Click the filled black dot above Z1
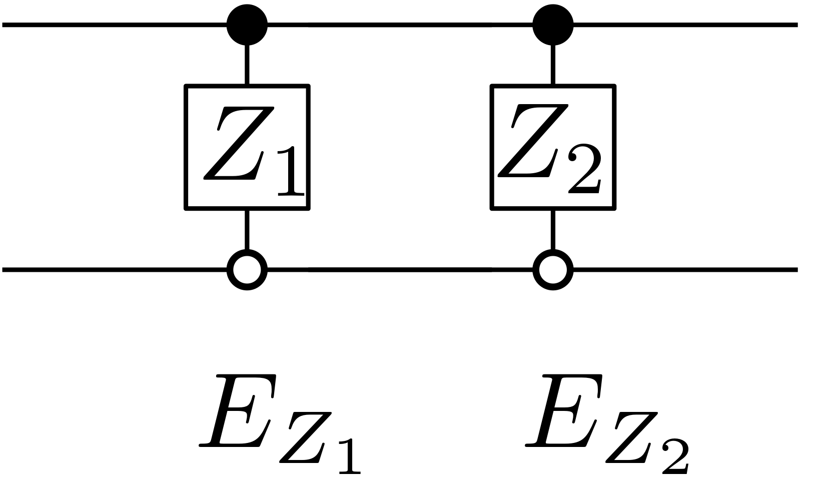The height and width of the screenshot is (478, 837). click(x=247, y=25)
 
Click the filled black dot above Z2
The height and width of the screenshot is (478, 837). click(x=552, y=25)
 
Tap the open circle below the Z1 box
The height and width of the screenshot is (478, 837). click(x=247, y=270)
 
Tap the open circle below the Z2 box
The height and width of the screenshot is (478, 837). click(x=552, y=270)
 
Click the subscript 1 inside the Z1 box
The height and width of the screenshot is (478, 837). click(x=290, y=171)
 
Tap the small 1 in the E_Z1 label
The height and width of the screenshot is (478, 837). click(x=349, y=456)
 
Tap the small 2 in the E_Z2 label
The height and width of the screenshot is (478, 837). click(x=675, y=456)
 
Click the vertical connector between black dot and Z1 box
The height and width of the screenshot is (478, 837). click(x=247, y=64)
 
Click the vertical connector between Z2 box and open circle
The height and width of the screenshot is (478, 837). click(x=552, y=229)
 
